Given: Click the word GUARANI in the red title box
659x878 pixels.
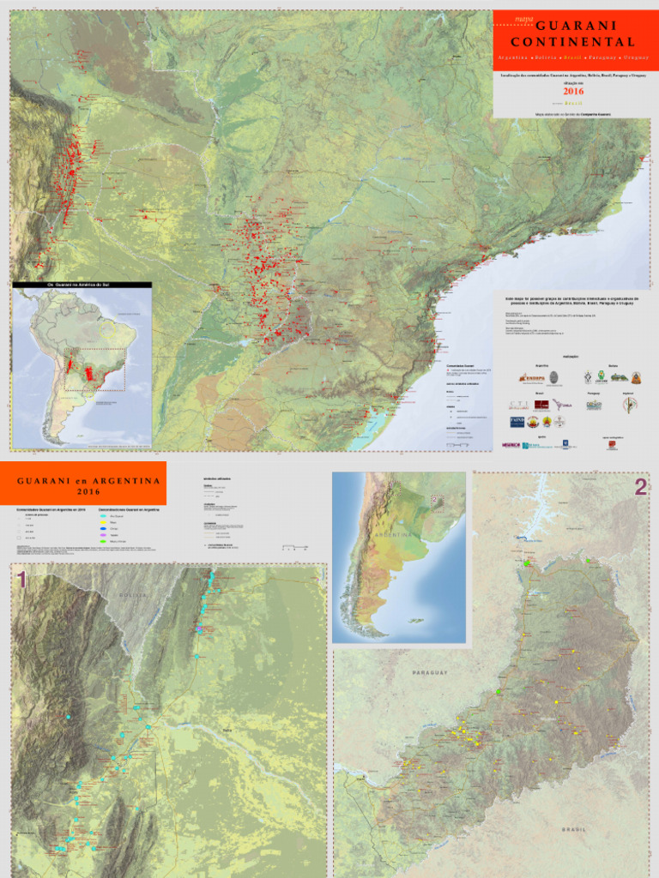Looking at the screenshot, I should coord(573,27).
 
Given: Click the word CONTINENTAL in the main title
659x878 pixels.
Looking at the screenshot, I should coord(573,42).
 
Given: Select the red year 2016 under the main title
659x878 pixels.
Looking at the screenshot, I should coord(574,89).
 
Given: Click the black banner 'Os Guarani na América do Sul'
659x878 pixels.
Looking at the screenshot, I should coord(82,285).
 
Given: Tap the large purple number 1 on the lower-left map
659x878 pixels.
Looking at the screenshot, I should coord(22,580).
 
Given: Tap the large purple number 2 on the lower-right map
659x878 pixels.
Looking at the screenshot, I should coord(640,487).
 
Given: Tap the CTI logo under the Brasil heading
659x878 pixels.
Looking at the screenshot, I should coord(518,405).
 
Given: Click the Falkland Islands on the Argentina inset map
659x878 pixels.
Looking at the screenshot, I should coord(418,620).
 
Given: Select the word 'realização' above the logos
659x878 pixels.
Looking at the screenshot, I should coord(571,356).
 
